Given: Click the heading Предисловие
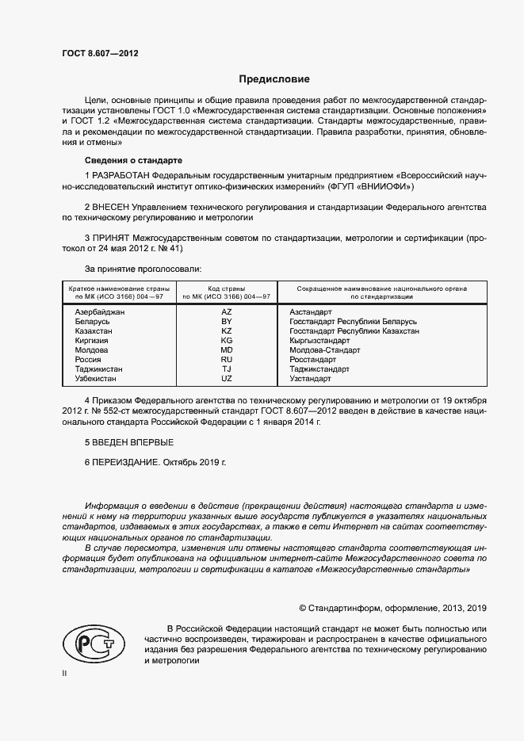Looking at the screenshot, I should (x=275, y=79).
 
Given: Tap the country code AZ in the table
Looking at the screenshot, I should (x=227, y=312).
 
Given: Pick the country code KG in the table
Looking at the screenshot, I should (x=227, y=340).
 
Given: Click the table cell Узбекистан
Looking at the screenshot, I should (x=96, y=378).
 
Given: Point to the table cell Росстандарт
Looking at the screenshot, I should (x=313, y=359).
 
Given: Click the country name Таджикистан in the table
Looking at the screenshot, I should (x=99, y=369).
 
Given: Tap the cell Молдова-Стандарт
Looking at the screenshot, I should (x=325, y=349).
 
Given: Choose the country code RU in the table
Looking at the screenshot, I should (x=227, y=359).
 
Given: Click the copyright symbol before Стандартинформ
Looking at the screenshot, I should (x=303, y=608).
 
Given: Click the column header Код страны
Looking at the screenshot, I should (x=227, y=288).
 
